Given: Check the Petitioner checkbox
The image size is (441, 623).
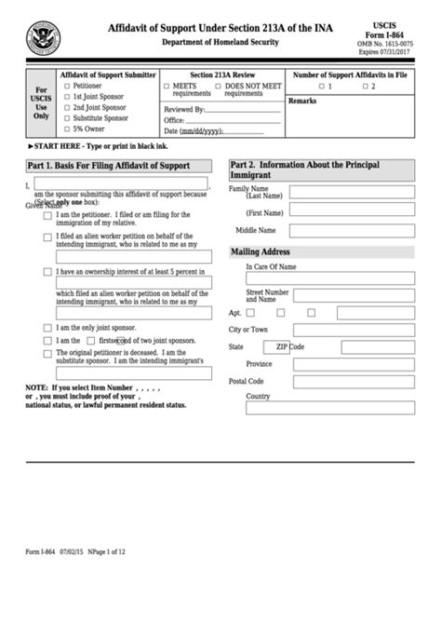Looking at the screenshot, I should tap(66, 86).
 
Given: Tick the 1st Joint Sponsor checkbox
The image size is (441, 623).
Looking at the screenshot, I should tap(66, 97).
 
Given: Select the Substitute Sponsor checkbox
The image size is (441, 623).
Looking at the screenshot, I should tap(66, 119).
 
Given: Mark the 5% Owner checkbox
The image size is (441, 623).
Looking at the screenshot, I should tap(66, 130).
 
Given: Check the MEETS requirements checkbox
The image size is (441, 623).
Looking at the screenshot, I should tap(167, 86).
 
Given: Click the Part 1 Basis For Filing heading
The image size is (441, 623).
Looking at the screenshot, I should tap(111, 166).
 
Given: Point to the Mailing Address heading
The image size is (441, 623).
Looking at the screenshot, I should tap(261, 251).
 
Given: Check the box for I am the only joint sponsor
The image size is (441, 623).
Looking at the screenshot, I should tap(47, 328).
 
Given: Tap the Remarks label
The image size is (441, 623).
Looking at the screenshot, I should tap(302, 100).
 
